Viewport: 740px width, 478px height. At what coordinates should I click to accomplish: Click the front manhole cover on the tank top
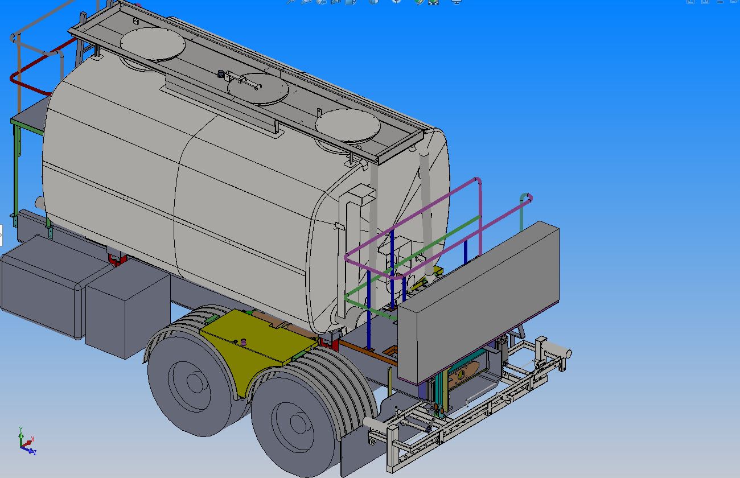point(153,44)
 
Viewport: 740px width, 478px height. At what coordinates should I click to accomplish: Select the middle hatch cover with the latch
point(258,89)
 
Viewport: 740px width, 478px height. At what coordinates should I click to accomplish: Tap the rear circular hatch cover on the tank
point(348,126)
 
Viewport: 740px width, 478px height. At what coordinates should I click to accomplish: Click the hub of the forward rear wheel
point(195,382)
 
